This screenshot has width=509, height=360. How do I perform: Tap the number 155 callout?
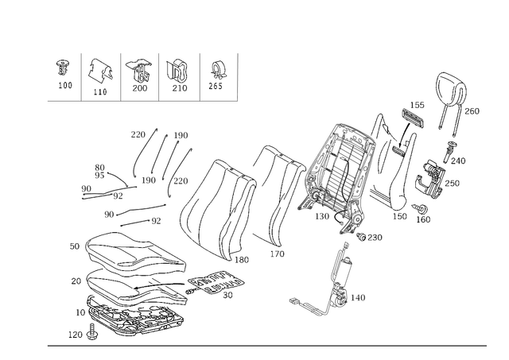[x=417, y=105]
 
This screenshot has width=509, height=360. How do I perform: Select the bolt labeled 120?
[x=92, y=331]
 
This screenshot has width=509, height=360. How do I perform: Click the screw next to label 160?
[x=419, y=208]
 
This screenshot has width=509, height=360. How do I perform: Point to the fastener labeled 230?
[x=361, y=237]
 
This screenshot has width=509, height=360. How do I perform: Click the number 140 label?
[x=358, y=297]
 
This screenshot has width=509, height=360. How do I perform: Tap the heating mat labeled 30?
[x=216, y=282]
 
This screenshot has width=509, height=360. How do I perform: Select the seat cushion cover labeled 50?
[x=134, y=252]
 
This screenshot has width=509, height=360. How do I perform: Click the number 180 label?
[x=242, y=260]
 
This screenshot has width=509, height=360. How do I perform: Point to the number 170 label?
[x=278, y=254]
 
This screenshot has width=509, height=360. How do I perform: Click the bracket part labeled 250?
[x=429, y=178]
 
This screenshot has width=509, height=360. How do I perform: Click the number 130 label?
[x=322, y=216]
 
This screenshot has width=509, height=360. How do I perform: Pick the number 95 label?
[x=99, y=176]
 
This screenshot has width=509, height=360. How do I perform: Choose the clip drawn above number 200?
[x=139, y=71]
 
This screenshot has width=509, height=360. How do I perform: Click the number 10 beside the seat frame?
[x=80, y=312]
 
